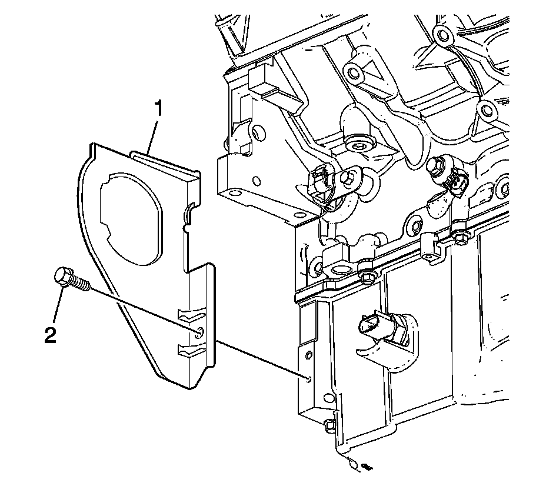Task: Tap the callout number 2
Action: pos(50,334)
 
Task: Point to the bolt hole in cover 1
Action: pos(199,332)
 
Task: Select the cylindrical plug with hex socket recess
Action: pos(358,145)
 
